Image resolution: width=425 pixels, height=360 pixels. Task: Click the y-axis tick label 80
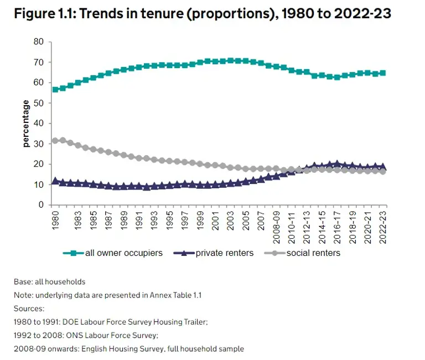[x=39, y=42]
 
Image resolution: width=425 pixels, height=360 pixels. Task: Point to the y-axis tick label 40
[x=39, y=124]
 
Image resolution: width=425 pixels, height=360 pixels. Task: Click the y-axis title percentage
[x=25, y=123]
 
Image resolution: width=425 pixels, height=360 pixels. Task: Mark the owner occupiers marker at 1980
[x=55, y=89]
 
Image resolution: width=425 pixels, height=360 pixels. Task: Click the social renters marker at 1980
[x=55, y=141]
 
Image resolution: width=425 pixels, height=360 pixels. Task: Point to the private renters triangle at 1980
[x=55, y=181]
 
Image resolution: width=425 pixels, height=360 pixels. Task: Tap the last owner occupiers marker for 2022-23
[x=382, y=73]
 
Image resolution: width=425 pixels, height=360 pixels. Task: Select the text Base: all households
[x=49, y=282]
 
